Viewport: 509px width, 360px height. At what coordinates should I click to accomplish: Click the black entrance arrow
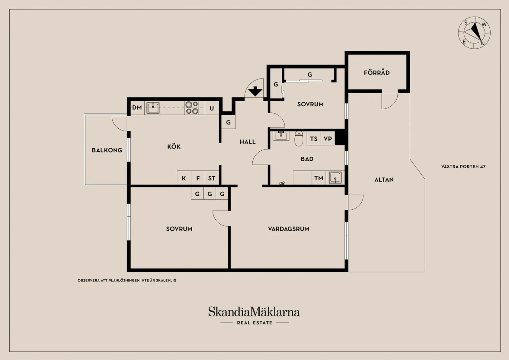[255, 91]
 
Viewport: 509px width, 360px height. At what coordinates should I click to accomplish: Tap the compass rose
[474, 33]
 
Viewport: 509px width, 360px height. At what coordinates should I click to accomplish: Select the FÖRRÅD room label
[377, 72]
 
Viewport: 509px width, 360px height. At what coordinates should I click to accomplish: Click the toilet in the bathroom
[299, 138]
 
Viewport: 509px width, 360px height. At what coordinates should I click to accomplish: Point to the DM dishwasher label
[137, 108]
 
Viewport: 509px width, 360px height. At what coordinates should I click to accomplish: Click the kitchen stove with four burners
[192, 108]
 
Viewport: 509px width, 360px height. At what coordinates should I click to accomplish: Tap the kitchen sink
[153, 108]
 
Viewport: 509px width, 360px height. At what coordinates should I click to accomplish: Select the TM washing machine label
[318, 178]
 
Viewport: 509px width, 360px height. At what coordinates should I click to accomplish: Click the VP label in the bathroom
[328, 139]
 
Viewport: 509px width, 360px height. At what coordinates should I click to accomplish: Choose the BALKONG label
[107, 150]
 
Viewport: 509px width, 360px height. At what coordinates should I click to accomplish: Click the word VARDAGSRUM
[288, 229]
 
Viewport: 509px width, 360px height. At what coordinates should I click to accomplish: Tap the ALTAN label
[384, 180]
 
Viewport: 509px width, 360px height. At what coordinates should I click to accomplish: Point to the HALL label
[247, 142]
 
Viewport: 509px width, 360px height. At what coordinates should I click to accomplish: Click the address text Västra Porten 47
[463, 167]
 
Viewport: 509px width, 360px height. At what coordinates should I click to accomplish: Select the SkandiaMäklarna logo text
[254, 312]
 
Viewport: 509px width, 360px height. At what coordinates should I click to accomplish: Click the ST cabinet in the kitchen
[212, 178]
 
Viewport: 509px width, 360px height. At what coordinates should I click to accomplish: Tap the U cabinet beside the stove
[212, 108]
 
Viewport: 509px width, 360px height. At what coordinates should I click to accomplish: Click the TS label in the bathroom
[314, 139]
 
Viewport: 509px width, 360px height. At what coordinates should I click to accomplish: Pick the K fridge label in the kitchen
[184, 179]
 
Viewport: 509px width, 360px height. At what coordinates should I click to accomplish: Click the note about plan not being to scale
[127, 280]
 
